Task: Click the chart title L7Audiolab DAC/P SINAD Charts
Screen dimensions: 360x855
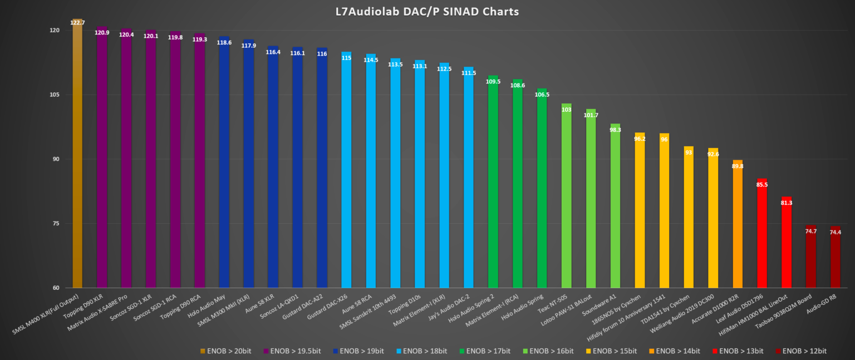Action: point(427,11)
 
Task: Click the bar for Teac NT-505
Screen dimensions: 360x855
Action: point(566,195)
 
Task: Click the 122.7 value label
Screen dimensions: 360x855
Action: point(77,23)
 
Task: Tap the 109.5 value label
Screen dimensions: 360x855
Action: point(493,82)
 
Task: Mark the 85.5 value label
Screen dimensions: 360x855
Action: point(762,185)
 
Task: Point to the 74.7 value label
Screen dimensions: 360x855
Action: point(811,231)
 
